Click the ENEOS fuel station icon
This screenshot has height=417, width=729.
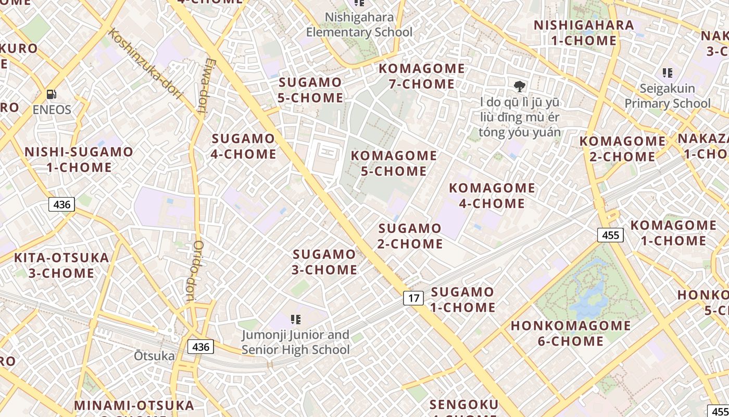click(x=52, y=94)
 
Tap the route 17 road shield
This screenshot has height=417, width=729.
click(x=413, y=298)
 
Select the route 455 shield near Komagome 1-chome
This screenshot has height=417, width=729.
click(x=610, y=235)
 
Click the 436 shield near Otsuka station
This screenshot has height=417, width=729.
click(x=200, y=347)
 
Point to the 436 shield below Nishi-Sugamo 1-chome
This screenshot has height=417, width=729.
click(x=61, y=204)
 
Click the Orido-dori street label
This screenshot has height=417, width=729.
click(x=193, y=271)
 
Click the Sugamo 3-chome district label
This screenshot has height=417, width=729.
click(x=325, y=262)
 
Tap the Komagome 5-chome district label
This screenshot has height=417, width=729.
click(x=394, y=163)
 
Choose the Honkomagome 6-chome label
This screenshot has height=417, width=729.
click(x=571, y=334)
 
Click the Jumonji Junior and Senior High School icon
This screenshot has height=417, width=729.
click(x=296, y=319)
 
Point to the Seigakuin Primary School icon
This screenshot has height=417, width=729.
click(x=667, y=73)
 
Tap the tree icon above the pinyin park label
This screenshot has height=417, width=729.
click(x=519, y=87)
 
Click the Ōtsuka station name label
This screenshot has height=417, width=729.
click(x=154, y=356)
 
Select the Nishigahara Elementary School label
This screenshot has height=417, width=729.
click(x=359, y=24)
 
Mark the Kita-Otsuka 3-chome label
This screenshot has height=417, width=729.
click(x=61, y=265)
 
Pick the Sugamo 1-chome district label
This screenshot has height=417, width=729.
click(x=462, y=300)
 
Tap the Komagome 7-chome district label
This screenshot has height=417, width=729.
click(x=422, y=76)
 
